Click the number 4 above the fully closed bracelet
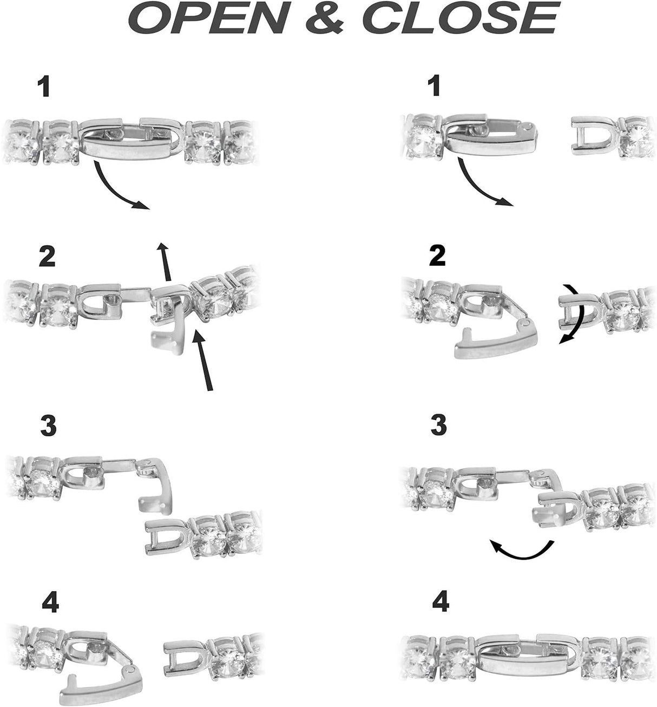coord(441,602)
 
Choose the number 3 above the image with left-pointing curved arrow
coord(438,425)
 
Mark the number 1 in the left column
coord(45,87)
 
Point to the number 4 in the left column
coord(50,602)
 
